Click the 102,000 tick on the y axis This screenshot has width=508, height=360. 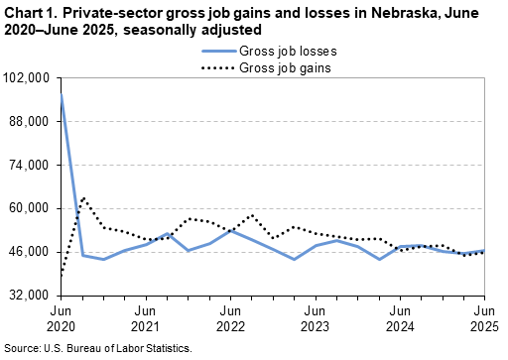tap(31, 77)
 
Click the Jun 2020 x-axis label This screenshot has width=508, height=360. tap(61, 317)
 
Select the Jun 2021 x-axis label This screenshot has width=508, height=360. tap(145, 317)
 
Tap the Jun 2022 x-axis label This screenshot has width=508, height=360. tap(230, 317)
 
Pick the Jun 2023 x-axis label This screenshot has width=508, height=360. tap(315, 317)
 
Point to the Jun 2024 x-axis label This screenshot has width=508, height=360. tap(400, 317)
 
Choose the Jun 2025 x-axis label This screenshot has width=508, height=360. tap(484, 317)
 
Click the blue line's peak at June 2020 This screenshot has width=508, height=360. tap(62, 93)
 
